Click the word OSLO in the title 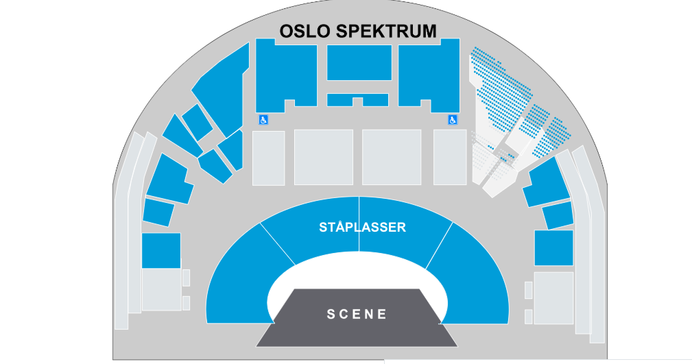coord(305,31)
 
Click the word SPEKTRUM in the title coord(386,31)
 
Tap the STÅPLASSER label coord(362,227)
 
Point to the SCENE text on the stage coord(357,314)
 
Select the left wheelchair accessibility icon coord(263,119)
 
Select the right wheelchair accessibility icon coord(453,119)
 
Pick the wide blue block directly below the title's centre coord(359,62)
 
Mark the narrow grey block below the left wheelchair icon coord(268,158)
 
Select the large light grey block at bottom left coord(162,289)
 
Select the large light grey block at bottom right coord(554,298)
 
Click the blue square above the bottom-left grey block coord(161,250)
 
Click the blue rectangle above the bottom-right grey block coord(554,248)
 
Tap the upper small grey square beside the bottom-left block coord(186,278)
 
